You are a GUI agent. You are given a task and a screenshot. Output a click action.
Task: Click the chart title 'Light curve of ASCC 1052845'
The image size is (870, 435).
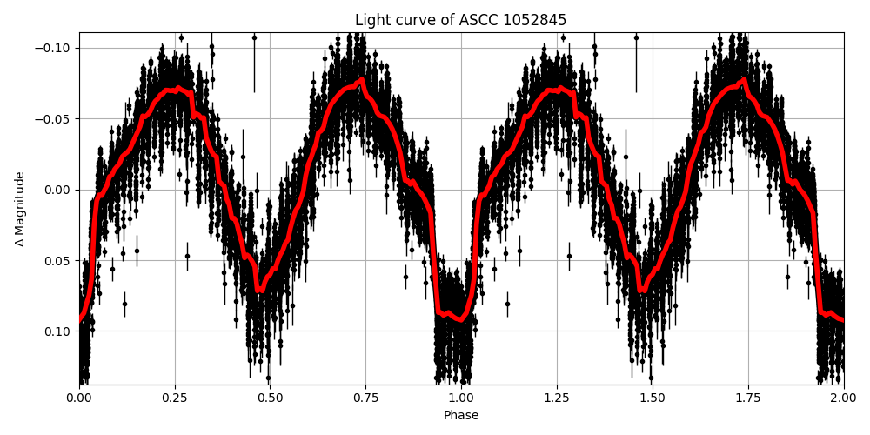click(x=460, y=20)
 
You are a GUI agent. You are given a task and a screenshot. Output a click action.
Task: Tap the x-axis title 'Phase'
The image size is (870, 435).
click(x=461, y=416)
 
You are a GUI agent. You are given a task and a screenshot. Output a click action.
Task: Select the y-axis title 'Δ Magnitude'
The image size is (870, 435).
click(x=20, y=209)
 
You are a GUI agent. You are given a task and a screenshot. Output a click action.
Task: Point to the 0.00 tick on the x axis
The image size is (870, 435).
click(x=79, y=398)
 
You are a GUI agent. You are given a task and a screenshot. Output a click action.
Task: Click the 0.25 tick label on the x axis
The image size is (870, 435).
click(x=175, y=398)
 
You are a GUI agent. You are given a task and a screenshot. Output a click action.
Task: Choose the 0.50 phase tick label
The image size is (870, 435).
click(x=270, y=398)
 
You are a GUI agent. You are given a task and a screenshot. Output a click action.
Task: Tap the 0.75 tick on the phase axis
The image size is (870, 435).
click(x=365, y=398)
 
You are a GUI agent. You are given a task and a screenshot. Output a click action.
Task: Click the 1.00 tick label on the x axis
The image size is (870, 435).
click(x=461, y=398)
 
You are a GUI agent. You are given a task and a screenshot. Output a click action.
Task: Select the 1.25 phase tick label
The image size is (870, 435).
click(x=557, y=398)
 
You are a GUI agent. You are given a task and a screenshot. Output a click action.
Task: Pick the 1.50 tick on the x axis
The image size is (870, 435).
click(x=652, y=398)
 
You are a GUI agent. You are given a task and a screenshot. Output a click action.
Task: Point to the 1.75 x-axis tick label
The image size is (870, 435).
click(x=748, y=398)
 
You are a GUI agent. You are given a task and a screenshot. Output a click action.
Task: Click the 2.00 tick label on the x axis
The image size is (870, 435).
click(x=843, y=398)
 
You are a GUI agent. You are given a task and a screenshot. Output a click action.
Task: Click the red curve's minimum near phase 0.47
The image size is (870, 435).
click(x=259, y=290)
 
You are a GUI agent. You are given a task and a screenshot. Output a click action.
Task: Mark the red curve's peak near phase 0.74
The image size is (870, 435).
click(x=362, y=80)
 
